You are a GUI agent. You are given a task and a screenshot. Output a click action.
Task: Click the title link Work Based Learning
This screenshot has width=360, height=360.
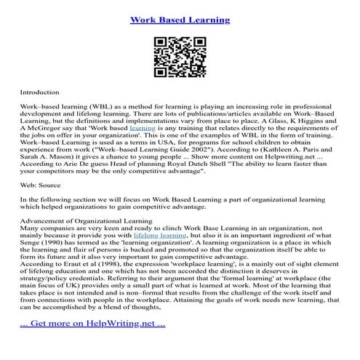tap(180, 20)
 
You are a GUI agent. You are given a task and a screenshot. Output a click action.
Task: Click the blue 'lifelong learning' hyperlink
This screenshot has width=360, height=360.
tap(159, 236)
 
